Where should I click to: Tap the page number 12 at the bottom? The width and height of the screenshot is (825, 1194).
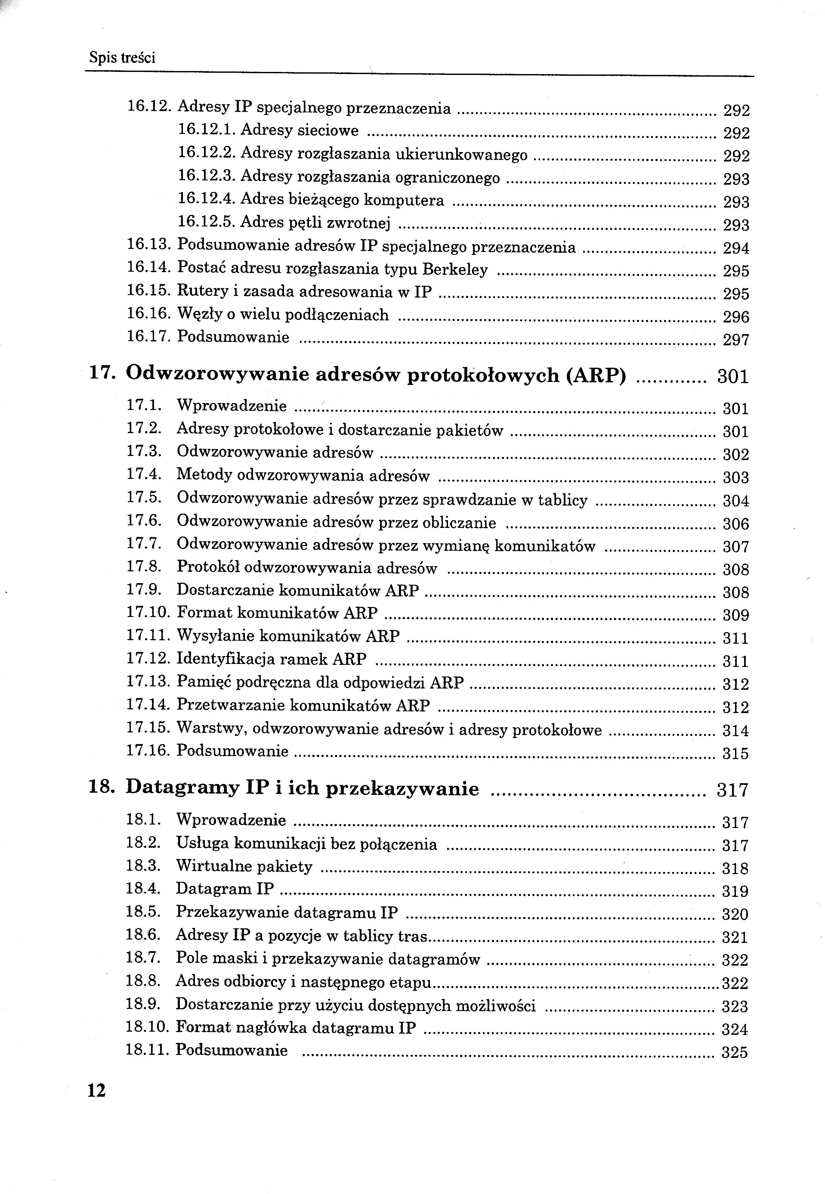click(97, 1091)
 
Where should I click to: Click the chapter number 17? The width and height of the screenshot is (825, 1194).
click(101, 373)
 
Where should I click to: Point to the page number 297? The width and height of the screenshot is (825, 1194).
click(735, 340)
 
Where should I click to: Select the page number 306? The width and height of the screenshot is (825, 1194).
click(735, 524)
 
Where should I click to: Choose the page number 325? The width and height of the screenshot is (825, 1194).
click(735, 1052)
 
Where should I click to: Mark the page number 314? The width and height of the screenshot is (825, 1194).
click(735, 731)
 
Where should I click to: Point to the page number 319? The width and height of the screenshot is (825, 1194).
click(735, 891)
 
